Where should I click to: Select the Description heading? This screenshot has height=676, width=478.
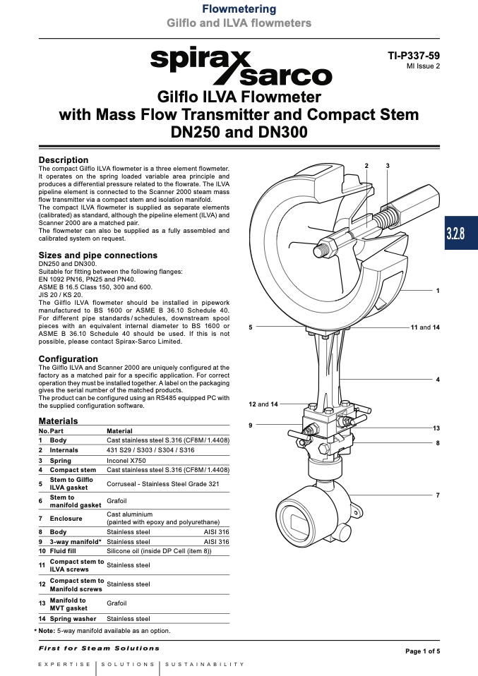[x=64, y=160]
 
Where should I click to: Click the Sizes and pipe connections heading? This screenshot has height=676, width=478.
[x=97, y=255]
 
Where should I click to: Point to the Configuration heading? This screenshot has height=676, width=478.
[x=68, y=358]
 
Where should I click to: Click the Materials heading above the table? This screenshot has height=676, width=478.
[x=58, y=421]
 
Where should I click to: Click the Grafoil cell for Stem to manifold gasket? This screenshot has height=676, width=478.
[x=116, y=501]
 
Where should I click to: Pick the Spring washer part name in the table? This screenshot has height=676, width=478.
[x=74, y=618]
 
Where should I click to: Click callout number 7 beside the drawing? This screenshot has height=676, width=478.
[x=438, y=495]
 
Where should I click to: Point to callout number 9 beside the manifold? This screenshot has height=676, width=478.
[x=251, y=425]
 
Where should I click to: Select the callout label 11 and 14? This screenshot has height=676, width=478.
[x=425, y=328]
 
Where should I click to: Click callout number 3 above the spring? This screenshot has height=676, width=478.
[x=388, y=165]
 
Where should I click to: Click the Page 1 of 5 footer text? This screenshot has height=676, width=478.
[x=422, y=651]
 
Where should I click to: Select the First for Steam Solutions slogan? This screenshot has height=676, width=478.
[x=99, y=648]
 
